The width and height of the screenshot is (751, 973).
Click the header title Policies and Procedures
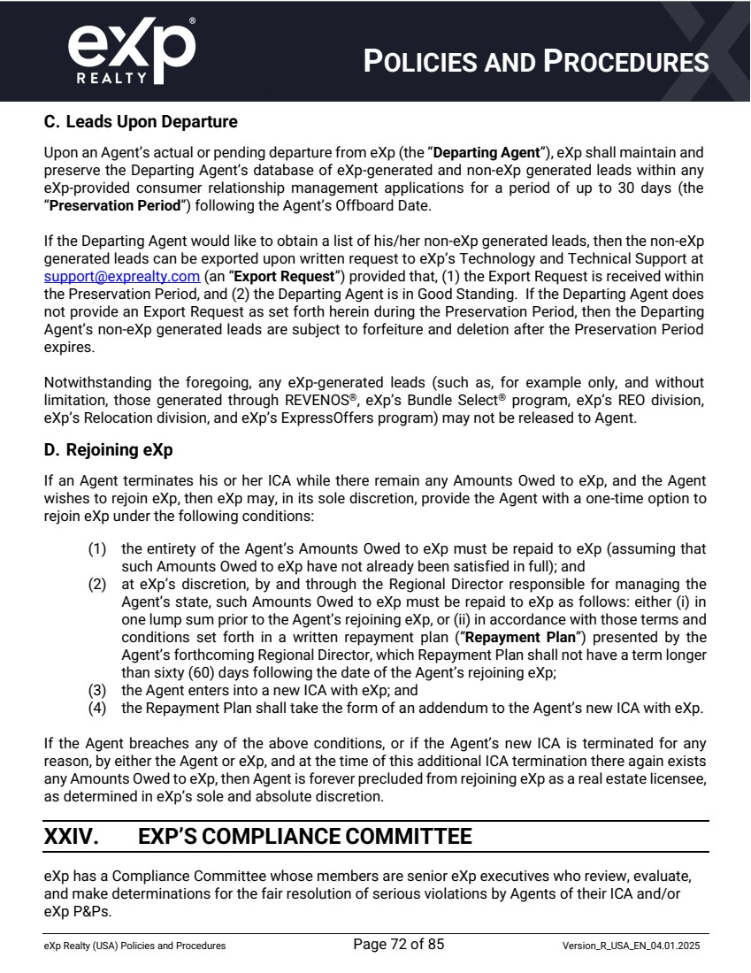[537, 61]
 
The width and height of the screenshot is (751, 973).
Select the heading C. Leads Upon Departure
[141, 121]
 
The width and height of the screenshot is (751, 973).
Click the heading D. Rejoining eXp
[108, 449]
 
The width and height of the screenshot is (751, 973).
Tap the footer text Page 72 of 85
[398, 945]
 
